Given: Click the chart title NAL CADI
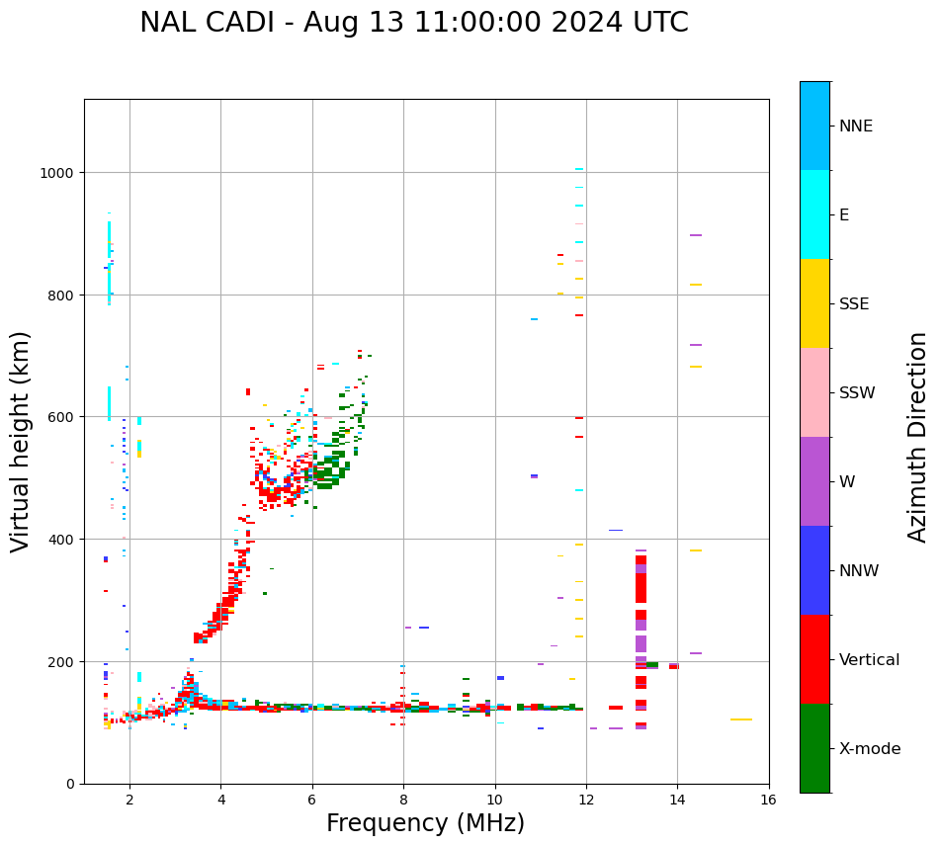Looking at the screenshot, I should (x=413, y=23).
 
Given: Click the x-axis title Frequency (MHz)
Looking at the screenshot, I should (x=425, y=823).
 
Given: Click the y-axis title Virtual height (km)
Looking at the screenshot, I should (x=21, y=441).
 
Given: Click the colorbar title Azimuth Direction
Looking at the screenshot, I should (x=917, y=437).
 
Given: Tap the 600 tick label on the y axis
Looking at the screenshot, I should (x=62, y=417).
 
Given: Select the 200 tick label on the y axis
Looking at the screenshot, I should (x=62, y=661).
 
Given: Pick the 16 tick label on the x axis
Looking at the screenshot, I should (x=769, y=801).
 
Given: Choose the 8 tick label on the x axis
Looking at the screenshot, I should (x=403, y=801).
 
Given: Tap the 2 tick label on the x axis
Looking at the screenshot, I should (x=129, y=801).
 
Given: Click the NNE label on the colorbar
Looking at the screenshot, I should (x=856, y=127).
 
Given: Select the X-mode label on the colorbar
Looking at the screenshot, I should (x=870, y=749).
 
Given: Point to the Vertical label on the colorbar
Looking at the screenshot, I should (x=870, y=660).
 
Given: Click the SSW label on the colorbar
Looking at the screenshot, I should (x=857, y=393).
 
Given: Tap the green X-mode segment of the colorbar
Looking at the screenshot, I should (x=814, y=748).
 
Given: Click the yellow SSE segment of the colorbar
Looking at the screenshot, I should (x=814, y=303).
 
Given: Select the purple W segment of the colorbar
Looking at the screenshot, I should (x=814, y=481).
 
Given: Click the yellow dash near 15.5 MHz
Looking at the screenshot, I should (x=740, y=719).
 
